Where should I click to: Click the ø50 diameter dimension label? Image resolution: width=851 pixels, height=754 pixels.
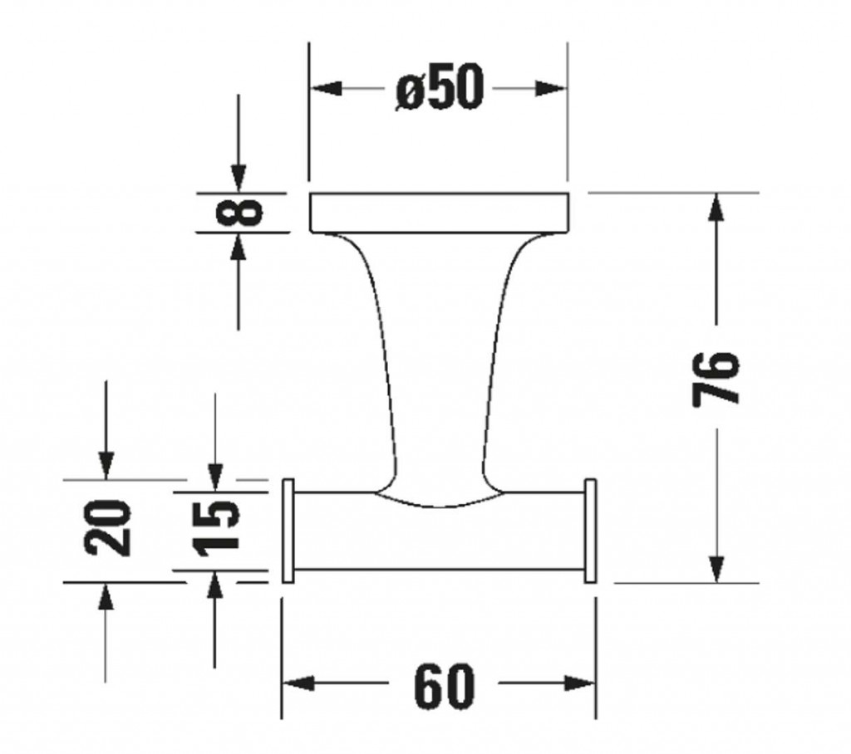coord(439,88)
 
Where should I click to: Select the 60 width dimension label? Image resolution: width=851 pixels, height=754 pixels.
coord(444,685)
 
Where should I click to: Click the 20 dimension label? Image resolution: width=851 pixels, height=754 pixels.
coord(109,528)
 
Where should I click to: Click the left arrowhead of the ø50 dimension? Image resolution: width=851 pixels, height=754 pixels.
coord(326,88)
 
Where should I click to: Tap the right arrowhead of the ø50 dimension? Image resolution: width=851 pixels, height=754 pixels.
coord(551,88)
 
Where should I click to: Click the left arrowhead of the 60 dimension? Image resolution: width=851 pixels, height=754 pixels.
coord(298,684)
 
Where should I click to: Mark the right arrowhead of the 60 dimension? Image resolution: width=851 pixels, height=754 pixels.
coord(579,684)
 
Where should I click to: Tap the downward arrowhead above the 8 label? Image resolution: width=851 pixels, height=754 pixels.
coord(239,177)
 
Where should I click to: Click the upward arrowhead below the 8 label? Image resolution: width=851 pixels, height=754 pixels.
coord(239,247)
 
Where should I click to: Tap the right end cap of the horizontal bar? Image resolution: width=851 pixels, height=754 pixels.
coord(591,531)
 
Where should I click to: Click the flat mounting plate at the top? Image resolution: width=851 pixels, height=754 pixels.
coord(439,212)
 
